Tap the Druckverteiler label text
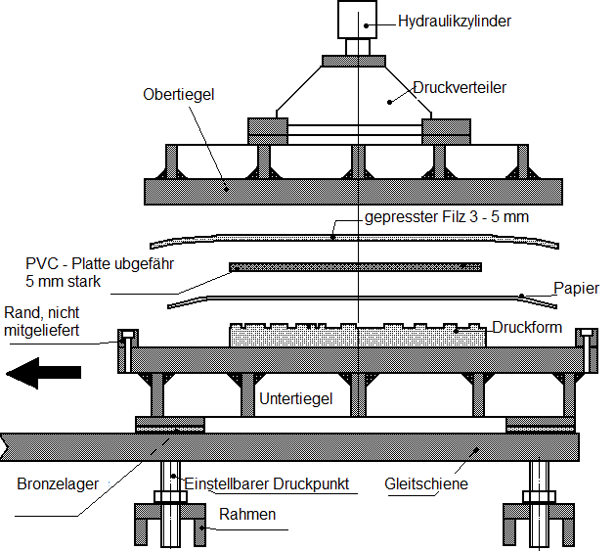click(458, 88)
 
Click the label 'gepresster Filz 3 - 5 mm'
click(446, 216)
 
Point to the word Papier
click(576, 290)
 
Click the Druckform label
click(527, 326)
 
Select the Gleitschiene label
click(426, 483)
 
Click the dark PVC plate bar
click(355, 267)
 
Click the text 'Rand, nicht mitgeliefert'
click(44, 320)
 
